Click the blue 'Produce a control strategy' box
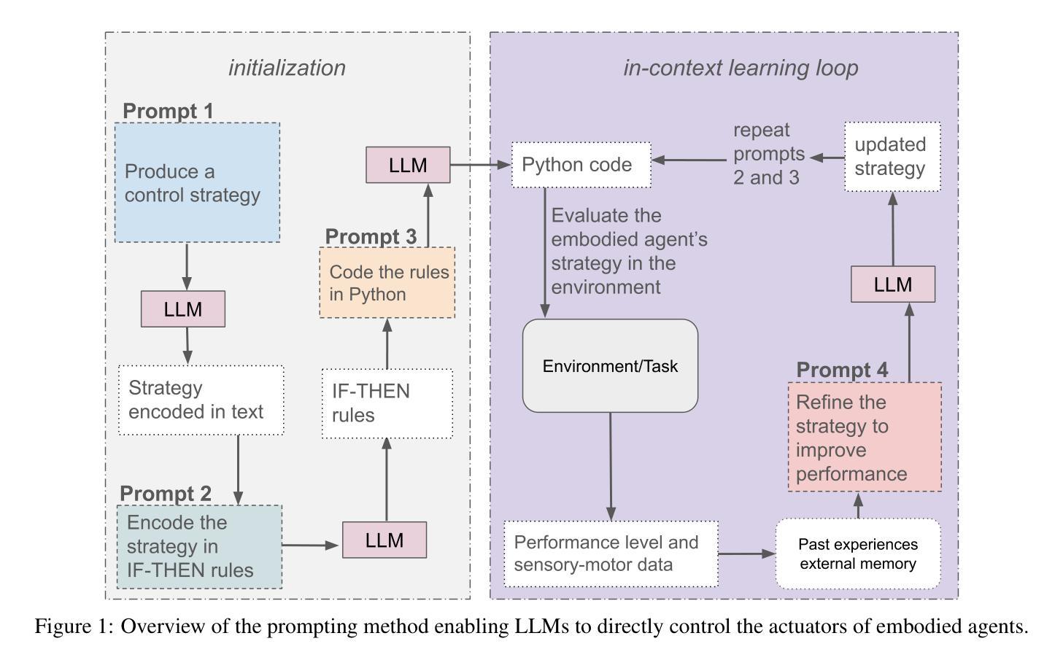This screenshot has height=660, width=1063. [x=197, y=182]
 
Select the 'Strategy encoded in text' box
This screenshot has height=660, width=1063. [x=201, y=400]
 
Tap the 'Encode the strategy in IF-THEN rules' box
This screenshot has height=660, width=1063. [x=199, y=546]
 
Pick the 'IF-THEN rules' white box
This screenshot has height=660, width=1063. [x=387, y=403]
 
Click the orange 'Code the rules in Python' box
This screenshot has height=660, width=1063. [x=387, y=283]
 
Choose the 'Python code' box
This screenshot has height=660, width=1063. [x=581, y=165]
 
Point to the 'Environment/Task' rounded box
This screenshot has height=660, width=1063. [x=610, y=365]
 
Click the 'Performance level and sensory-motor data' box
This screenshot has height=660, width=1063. [x=611, y=554]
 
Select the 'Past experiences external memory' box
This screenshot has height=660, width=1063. [x=857, y=554]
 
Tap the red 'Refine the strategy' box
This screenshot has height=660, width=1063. [x=865, y=437]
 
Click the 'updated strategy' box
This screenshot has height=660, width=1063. [x=892, y=157]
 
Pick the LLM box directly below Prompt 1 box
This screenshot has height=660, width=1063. [x=182, y=309]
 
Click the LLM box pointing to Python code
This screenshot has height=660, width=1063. [x=408, y=165]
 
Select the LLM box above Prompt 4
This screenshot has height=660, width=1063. [x=892, y=284]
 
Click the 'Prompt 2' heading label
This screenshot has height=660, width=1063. [x=166, y=494]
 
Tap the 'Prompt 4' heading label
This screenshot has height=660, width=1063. [x=842, y=370]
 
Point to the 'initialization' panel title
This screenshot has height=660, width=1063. [x=287, y=68]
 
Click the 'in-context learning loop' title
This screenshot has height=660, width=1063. [x=740, y=68]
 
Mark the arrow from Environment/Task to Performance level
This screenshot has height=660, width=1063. [x=611, y=466]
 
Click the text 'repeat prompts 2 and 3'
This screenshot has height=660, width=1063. [x=768, y=154]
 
